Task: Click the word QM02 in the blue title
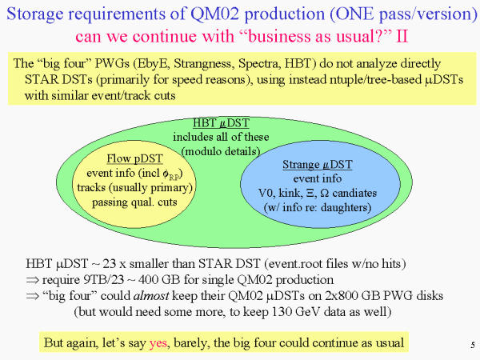pos(214,14)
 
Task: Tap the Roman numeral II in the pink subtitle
pos(402,36)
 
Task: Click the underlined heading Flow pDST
pos(134,158)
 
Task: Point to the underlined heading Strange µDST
pos(318,164)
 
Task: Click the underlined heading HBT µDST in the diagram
pos(221,122)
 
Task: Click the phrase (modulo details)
pos(221,151)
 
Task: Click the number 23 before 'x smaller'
pos(109,263)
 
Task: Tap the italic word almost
pos(151,295)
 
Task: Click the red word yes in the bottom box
pos(158,343)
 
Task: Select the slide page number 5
pos(473,345)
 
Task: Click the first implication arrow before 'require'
pos(33,280)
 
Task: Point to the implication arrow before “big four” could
pos(33,296)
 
